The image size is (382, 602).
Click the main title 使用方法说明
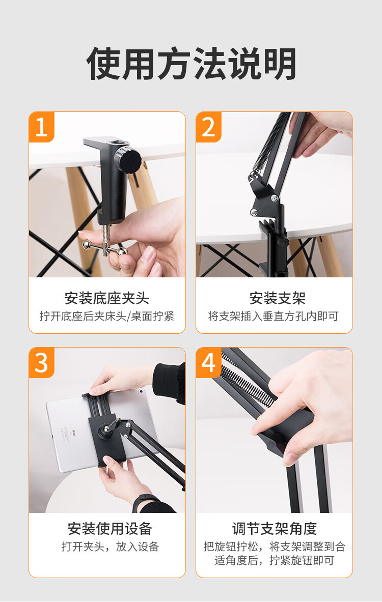tap(191, 64)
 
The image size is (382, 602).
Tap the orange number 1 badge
tap(41, 127)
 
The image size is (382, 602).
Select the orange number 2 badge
tap(208, 127)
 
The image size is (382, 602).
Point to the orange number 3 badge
tap(41, 363)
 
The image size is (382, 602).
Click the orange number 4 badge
tap(208, 363)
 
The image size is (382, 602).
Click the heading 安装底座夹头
tap(107, 298)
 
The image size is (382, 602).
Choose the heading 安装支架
tap(278, 298)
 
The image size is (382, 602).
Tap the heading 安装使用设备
tap(110, 529)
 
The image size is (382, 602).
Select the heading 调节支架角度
tap(275, 529)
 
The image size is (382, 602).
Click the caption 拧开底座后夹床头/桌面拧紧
tap(107, 316)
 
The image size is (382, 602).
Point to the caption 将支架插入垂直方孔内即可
tap(273, 316)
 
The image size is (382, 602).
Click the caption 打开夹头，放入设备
tap(111, 547)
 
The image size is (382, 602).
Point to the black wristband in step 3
tap(144, 501)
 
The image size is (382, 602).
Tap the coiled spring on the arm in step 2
tap(269, 144)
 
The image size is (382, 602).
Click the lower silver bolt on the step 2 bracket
tap(254, 212)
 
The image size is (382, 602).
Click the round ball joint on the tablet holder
tap(105, 429)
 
